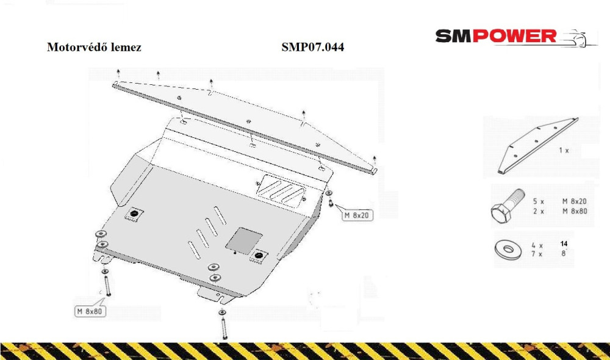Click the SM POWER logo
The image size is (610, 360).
pos(516,37)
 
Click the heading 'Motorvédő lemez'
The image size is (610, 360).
pos(94,47)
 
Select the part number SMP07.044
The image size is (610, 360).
pos(313,47)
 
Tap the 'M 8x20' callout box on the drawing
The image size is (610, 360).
pos(357,215)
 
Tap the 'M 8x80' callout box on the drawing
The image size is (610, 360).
pos(90,311)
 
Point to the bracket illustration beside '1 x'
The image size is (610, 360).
pos(538,145)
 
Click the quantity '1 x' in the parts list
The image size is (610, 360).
pos(564,150)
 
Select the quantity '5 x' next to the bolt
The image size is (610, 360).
pos(539,201)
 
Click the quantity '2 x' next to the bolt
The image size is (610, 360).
pos(539,211)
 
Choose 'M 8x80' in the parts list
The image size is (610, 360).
pos(575,211)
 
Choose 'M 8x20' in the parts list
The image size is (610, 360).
pos(575,201)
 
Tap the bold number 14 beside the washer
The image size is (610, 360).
pos(564,243)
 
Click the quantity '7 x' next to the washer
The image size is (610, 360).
pos(537,254)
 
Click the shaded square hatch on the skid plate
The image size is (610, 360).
pos(244,240)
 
